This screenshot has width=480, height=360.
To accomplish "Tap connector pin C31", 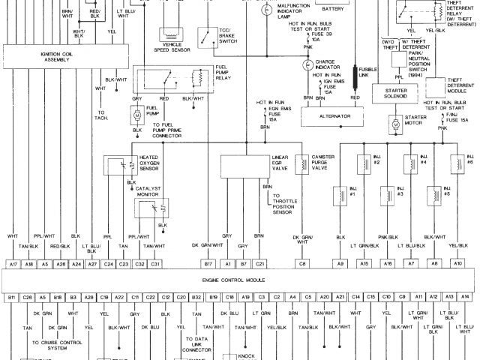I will coord(154,264).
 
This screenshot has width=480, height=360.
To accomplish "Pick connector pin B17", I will coord(208,264).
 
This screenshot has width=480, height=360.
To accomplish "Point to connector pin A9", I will coord(340,264).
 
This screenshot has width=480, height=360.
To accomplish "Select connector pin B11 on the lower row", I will coord(12,298).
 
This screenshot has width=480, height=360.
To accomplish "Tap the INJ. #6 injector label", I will coord(469,160).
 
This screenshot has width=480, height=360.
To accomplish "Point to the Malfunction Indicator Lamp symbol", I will coord(266,11).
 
